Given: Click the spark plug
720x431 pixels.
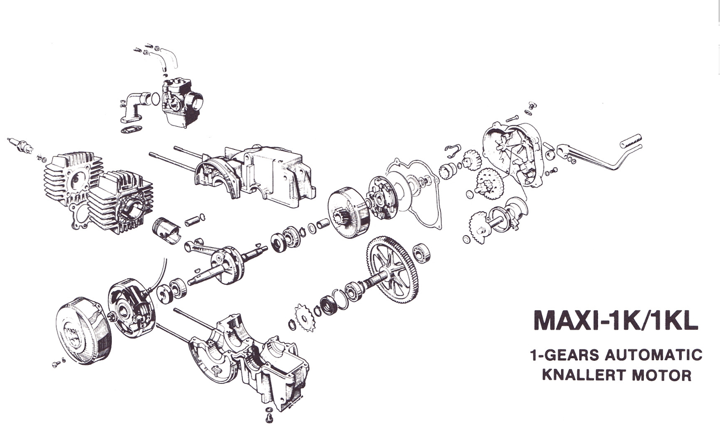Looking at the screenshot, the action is tap(20, 146).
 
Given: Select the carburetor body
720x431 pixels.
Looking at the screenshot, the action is tap(182, 102).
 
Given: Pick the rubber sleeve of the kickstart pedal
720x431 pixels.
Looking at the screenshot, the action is tap(631, 141).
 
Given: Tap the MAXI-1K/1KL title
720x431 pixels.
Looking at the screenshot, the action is tap(616, 320).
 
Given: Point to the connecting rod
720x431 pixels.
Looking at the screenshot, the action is tap(201, 248).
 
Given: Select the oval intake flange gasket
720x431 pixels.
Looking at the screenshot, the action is tap(131, 129).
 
